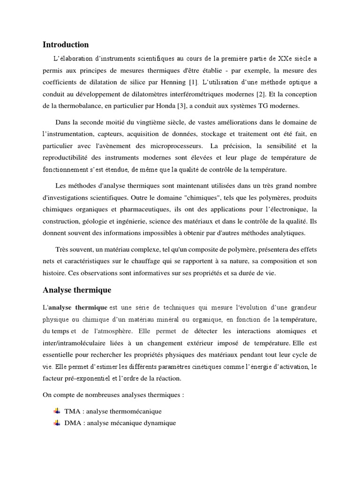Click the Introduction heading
(x=66, y=45)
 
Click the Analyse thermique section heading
(x=77, y=290)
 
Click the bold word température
(x=298, y=320)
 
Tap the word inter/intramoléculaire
(x=74, y=343)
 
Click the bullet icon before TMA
(x=57, y=411)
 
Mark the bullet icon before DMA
(x=57, y=423)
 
